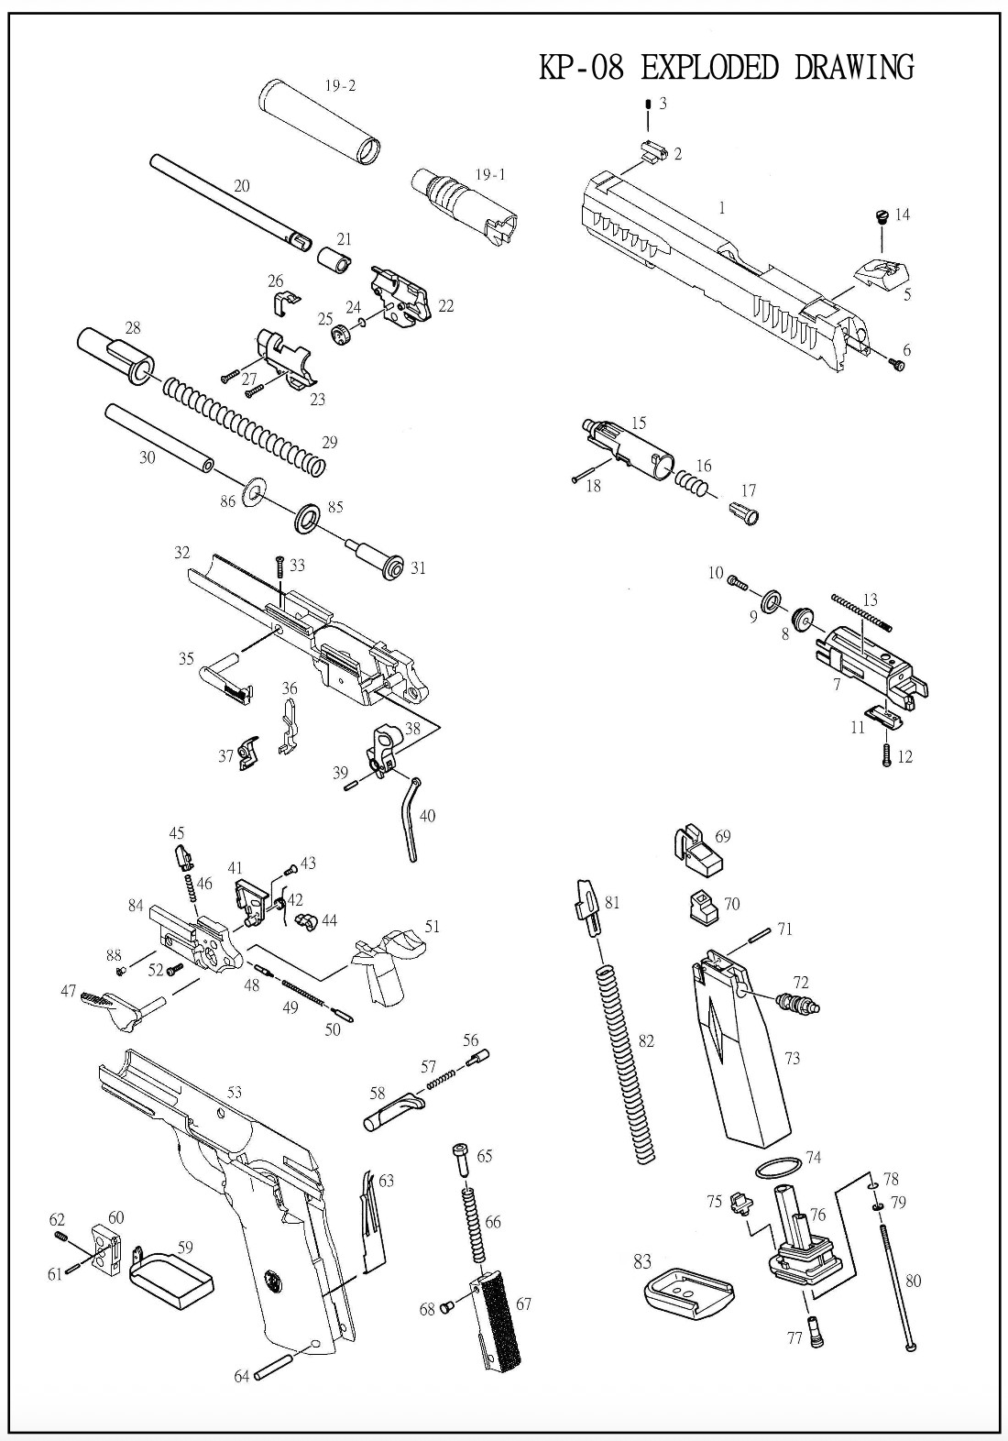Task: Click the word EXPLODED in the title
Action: (x=710, y=68)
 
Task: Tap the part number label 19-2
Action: (x=340, y=86)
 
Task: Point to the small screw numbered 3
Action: (x=648, y=106)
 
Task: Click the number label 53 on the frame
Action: (x=235, y=1092)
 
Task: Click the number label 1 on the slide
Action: (x=722, y=208)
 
